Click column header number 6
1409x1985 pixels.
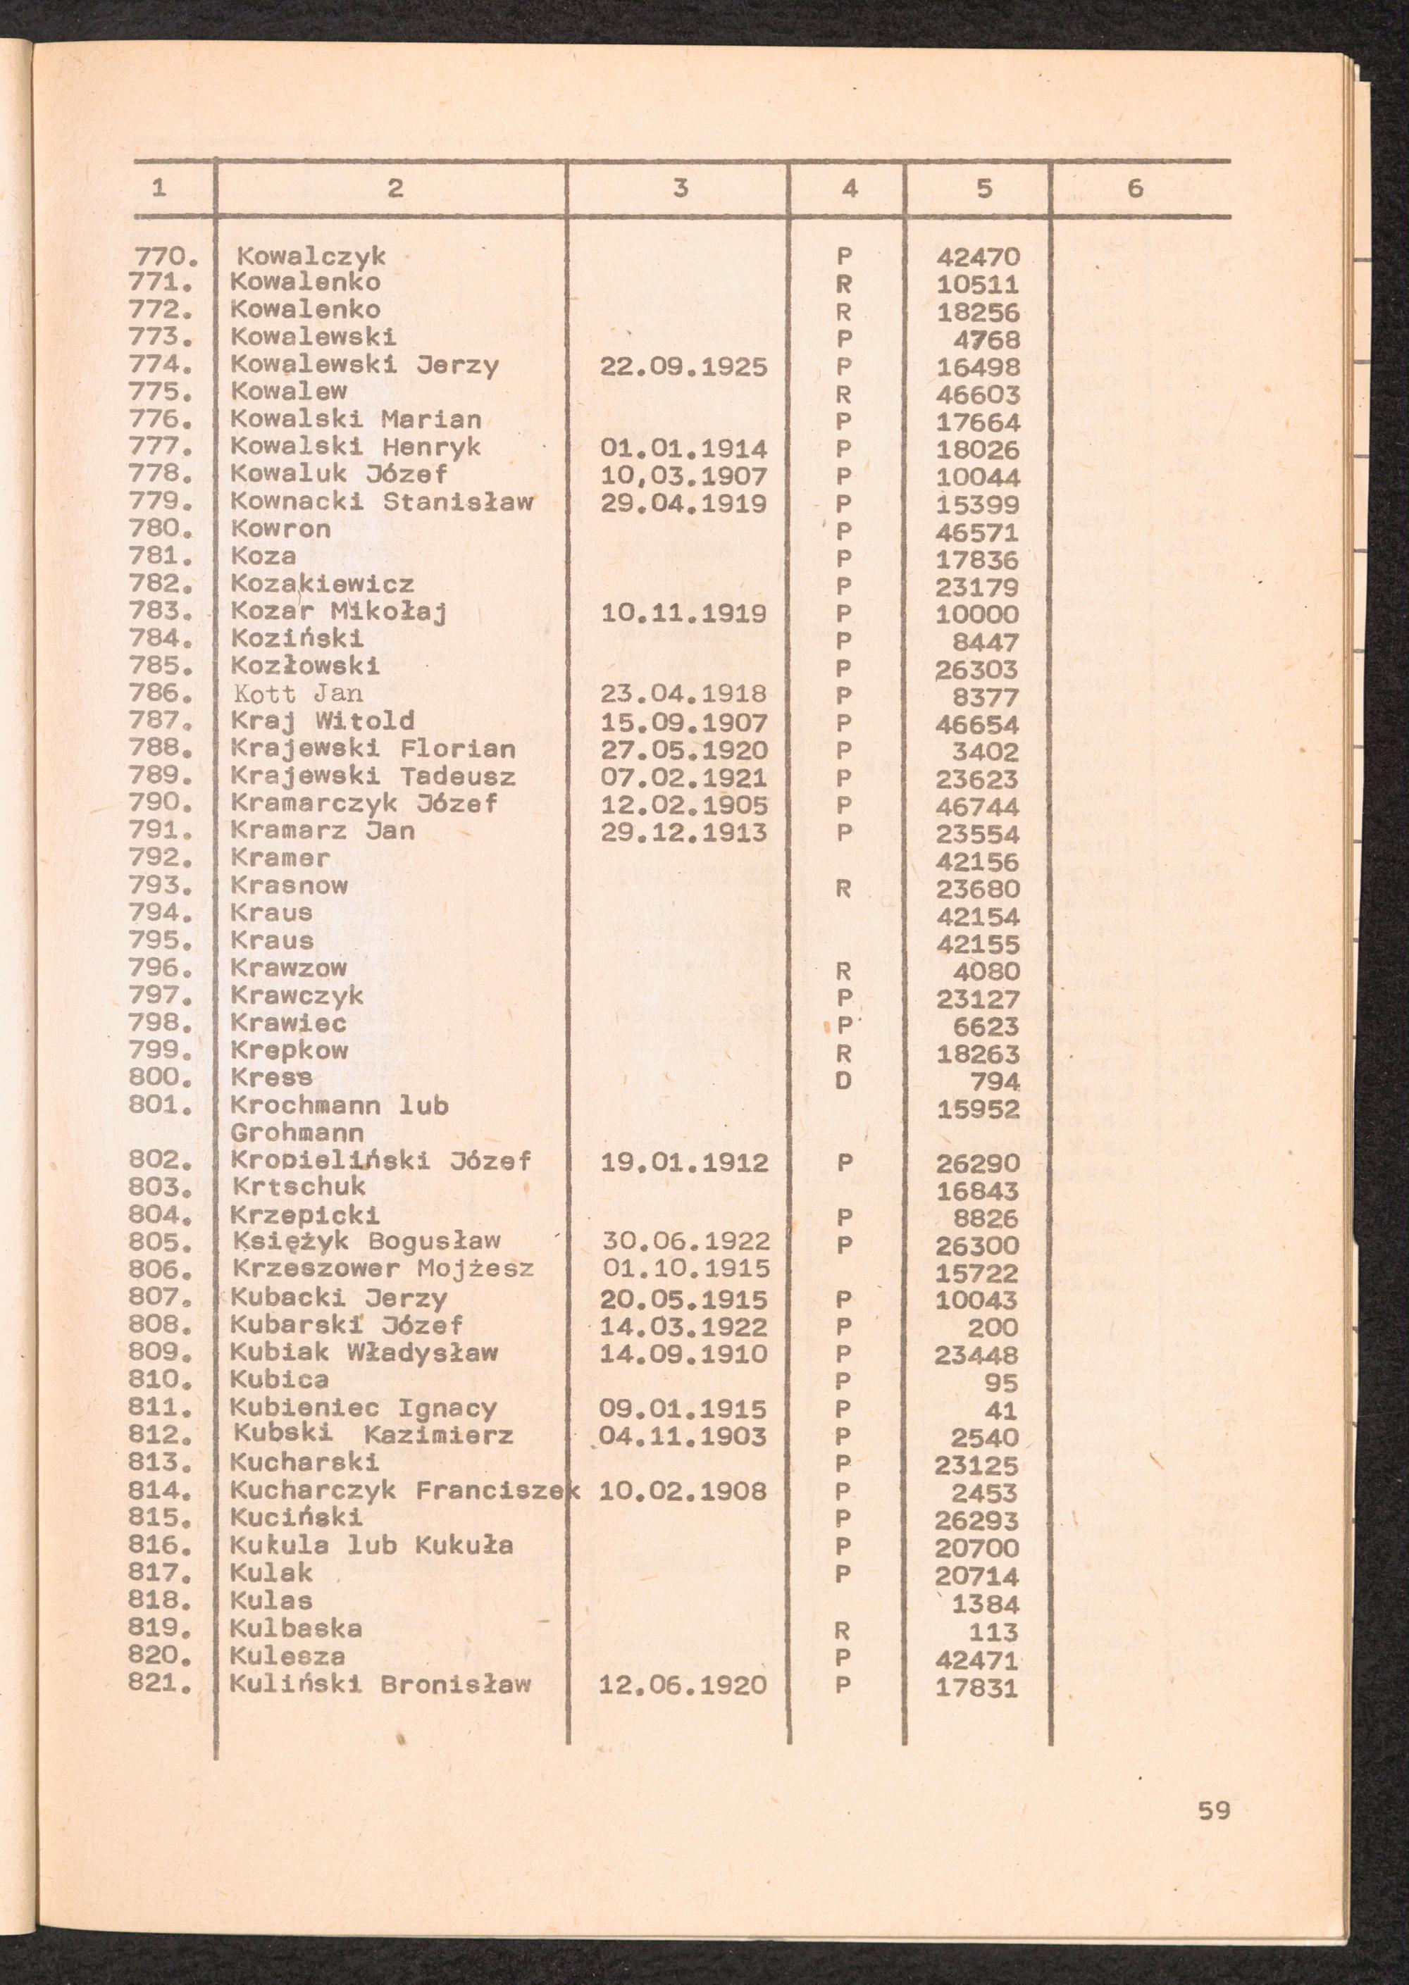click(x=1135, y=188)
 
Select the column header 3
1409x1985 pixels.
click(x=681, y=188)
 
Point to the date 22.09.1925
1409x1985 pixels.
click(x=683, y=368)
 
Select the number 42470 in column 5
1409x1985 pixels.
click(x=978, y=258)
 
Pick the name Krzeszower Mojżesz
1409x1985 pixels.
click(x=383, y=1269)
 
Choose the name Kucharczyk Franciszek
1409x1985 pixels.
click(x=404, y=1491)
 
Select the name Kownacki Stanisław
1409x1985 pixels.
click(x=382, y=503)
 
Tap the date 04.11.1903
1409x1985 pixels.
click(x=683, y=1436)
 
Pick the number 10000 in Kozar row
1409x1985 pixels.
click(x=978, y=615)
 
